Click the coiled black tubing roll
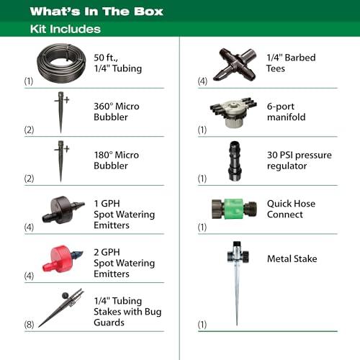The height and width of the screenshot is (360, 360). (61, 72)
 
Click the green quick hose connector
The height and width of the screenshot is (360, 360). (234, 209)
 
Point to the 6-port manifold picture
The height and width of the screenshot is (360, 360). (233, 112)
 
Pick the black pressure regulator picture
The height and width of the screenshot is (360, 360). (234, 161)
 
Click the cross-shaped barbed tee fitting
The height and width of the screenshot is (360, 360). (235, 64)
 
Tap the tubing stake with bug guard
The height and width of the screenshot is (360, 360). (61, 308)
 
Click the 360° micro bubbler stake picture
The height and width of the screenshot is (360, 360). (61, 112)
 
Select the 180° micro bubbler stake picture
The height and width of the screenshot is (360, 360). (61, 161)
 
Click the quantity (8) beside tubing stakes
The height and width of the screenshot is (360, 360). (29, 324)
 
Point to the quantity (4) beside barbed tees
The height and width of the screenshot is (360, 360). (202, 81)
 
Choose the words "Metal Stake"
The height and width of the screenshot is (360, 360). (292, 258)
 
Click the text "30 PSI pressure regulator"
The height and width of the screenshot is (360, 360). (300, 161)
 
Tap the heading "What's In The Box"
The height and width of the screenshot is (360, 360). (96, 12)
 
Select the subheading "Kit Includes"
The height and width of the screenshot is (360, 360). (66, 29)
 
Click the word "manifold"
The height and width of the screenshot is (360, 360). (286, 117)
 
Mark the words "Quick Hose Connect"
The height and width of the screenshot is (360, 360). (291, 209)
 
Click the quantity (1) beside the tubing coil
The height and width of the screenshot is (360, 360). (29, 81)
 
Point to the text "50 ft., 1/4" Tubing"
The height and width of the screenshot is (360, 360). (117, 63)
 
